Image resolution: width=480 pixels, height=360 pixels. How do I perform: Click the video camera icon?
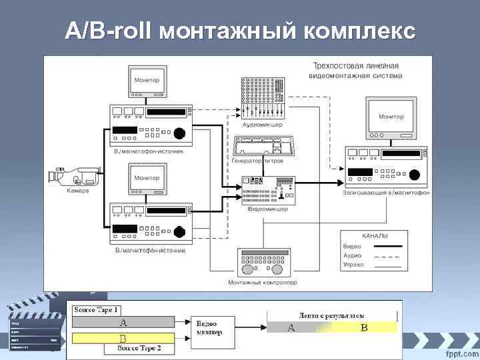point(73,177)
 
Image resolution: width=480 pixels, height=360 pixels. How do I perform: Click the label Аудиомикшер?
point(262,124)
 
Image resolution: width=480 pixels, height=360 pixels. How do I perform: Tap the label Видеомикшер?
point(267,209)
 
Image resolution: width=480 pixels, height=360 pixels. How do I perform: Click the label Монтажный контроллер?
point(263,283)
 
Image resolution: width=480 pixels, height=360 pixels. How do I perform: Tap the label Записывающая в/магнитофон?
point(386,193)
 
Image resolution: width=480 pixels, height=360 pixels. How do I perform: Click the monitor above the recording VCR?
point(391,115)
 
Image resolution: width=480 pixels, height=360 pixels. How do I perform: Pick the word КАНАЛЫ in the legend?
point(375,236)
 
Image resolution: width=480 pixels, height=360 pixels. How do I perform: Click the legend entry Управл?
point(354,265)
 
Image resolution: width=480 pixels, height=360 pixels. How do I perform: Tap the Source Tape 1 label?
point(96,310)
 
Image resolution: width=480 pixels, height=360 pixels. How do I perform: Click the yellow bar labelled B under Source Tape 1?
point(123,338)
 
